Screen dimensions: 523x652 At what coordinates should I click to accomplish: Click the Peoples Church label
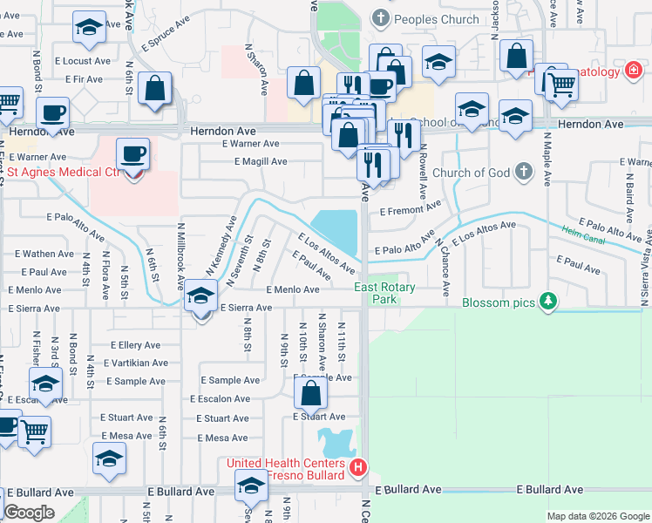pos(437,19)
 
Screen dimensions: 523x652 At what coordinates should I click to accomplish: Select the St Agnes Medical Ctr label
pos(63,172)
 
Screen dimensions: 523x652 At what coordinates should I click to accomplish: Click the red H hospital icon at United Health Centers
pos(357,469)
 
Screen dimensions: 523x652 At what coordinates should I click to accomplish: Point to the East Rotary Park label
pos(384,293)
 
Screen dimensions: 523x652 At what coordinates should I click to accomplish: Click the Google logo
pos(29,513)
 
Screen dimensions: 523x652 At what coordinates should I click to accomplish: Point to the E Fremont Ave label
pos(411,208)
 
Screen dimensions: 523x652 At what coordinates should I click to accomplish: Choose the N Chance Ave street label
pos(444,267)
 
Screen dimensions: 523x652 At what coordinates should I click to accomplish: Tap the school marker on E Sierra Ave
pos(201,296)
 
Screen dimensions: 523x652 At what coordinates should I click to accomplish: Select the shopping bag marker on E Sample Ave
pos(310,394)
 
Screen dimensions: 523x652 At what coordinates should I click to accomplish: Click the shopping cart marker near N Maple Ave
pos(562,85)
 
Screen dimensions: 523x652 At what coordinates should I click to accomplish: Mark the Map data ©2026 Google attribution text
pos(597,516)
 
